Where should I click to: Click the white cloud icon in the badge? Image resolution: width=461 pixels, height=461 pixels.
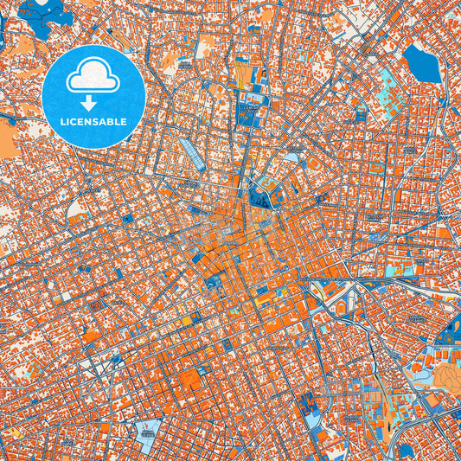point(93,76)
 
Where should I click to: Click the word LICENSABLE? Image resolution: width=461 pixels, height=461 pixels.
point(93,122)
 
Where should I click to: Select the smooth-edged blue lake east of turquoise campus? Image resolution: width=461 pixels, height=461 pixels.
point(422,63)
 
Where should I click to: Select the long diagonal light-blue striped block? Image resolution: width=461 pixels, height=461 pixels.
point(190,156)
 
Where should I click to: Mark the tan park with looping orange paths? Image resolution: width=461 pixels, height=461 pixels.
point(446,374)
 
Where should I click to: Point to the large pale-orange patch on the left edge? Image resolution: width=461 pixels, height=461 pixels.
point(7,138)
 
